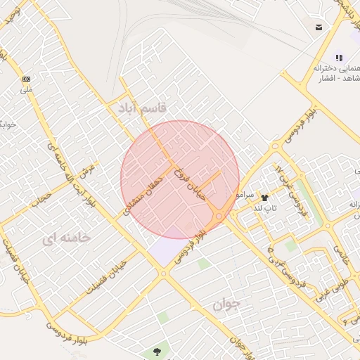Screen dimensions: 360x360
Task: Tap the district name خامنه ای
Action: pos(66,238)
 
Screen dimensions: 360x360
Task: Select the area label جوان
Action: pos(226,304)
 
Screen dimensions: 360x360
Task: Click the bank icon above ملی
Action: pos(27,79)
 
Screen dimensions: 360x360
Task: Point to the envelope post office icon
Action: pos(319,27)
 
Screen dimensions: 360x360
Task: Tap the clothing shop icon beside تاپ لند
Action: pos(265,198)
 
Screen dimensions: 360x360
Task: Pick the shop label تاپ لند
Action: pos(266,208)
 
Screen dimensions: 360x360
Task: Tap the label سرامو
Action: pos(245,193)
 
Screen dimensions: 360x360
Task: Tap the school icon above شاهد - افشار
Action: pos(339,58)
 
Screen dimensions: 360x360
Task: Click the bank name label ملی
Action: pos(26,89)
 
